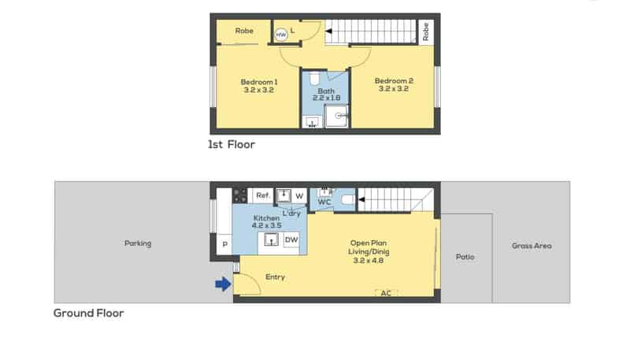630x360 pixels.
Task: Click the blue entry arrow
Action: click(224, 284)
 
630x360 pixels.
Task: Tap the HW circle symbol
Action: click(281, 35)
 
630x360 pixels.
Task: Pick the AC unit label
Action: click(386, 293)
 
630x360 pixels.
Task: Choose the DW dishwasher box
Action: click(291, 239)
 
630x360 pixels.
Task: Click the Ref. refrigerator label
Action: click(263, 195)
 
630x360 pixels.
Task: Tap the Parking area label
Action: click(138, 243)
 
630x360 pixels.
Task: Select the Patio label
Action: click(465, 257)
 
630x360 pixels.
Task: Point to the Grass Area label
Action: click(532, 246)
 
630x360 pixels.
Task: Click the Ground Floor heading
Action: click(88, 313)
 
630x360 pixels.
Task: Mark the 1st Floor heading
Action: click(232, 144)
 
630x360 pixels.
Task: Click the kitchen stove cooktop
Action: click(240, 195)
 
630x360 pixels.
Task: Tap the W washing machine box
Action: click(299, 195)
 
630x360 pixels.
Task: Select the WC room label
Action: click(324, 202)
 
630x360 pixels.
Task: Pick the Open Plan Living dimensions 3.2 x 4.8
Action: click(369, 261)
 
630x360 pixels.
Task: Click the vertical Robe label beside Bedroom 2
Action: click(426, 32)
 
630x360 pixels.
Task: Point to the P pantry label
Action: click(224, 244)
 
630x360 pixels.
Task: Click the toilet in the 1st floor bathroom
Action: click(314, 78)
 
